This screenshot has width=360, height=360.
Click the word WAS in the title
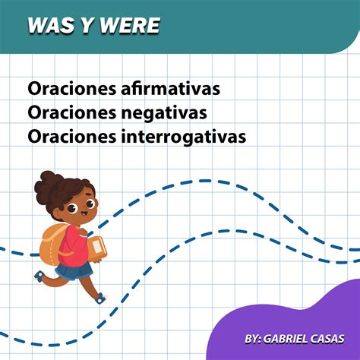pyautogui.click(x=49, y=26)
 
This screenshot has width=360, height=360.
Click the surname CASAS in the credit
pyautogui.click(x=332, y=336)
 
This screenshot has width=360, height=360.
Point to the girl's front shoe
pyautogui.click(x=100, y=298)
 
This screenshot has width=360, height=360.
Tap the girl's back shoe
pyautogui.click(x=39, y=276)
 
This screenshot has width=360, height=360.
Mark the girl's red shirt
pyautogui.click(x=74, y=242)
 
